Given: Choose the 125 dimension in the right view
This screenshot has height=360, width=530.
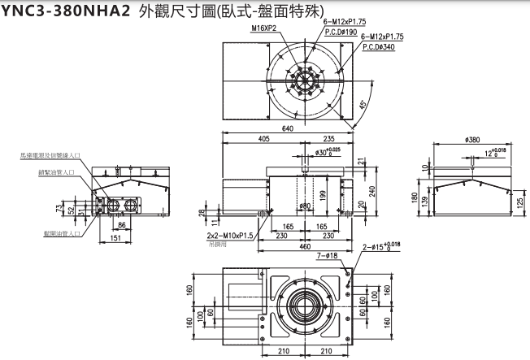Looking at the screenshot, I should [518, 202].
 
